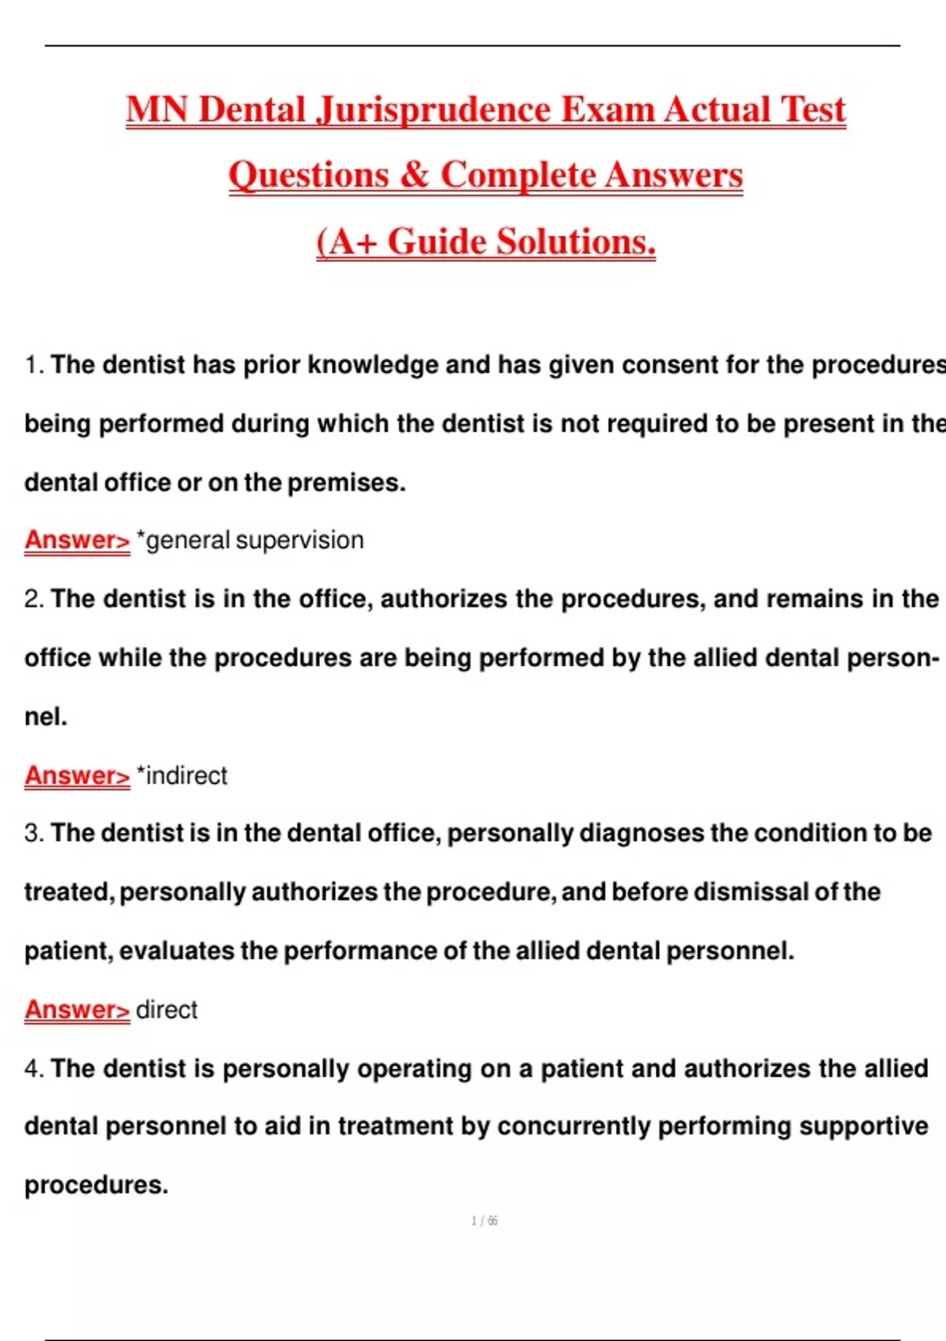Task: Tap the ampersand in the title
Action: pos(414,175)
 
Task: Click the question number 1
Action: pos(32,364)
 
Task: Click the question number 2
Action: pos(33,599)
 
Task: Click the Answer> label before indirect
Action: pos(76,775)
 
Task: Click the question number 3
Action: pos(33,833)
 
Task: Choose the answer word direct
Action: pos(166,1010)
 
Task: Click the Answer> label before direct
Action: pos(76,1010)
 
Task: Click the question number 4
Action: pos(33,1068)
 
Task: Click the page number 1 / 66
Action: pos(484,1221)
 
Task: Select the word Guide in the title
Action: pos(436,241)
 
